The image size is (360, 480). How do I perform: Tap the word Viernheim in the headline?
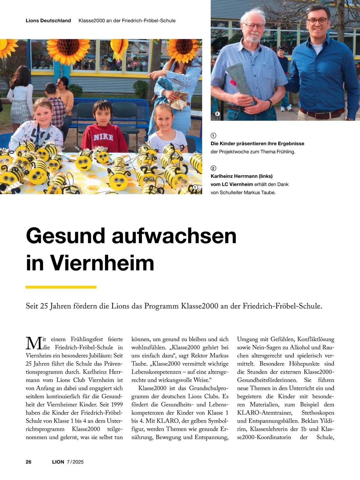102,263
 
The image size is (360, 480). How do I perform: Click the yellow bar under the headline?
61,287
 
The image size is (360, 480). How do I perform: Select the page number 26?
28,462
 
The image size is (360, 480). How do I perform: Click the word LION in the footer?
58,462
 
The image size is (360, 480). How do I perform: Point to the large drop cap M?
34,343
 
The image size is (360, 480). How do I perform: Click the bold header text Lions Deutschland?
48,21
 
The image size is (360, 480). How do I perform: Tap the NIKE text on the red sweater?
103,138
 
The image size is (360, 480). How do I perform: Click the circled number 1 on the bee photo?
195,187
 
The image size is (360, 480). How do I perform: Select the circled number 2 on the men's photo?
217,114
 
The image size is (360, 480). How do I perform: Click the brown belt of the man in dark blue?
322,114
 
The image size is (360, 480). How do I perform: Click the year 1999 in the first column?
115,405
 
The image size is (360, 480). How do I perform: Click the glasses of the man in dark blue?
317,21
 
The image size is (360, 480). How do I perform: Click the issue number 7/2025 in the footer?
75,462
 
